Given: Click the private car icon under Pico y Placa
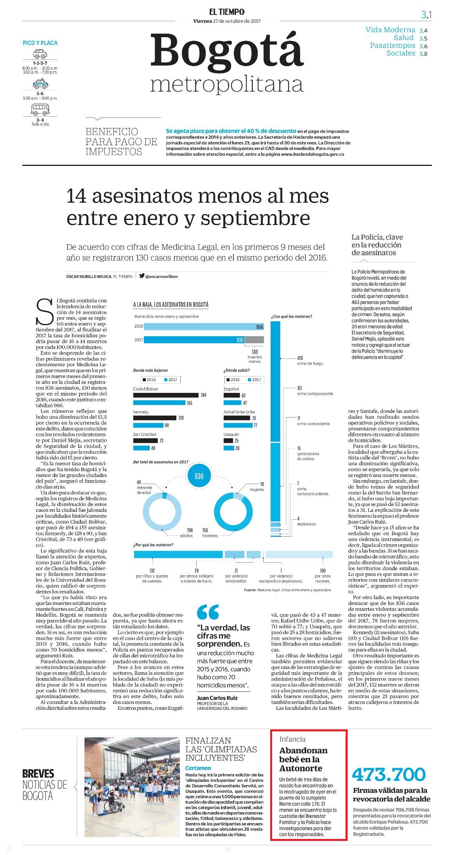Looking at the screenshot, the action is [40, 54].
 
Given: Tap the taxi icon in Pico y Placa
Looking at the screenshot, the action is [40, 84].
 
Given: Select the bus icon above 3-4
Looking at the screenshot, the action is [40, 110].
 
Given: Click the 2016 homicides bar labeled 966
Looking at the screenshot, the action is [199, 326].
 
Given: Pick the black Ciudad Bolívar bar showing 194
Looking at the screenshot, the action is [166, 395].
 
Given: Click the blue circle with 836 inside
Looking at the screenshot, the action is [199, 476].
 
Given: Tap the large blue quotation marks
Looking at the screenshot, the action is [208, 612].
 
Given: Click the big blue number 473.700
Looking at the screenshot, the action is [389, 774].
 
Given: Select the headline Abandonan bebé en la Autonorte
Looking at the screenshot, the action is [303, 759].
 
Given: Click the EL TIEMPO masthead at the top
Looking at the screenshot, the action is [226, 12].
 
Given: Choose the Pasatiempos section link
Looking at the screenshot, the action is [393, 45].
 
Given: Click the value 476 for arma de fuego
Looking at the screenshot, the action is [300, 358].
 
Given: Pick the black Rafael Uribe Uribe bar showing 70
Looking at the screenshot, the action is [235, 418].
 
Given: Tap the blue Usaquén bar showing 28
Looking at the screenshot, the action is [228, 448].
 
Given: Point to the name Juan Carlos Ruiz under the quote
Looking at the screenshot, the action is [217, 698].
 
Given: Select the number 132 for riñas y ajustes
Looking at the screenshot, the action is [152, 571].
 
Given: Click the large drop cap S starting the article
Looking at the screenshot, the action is [45, 312].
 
